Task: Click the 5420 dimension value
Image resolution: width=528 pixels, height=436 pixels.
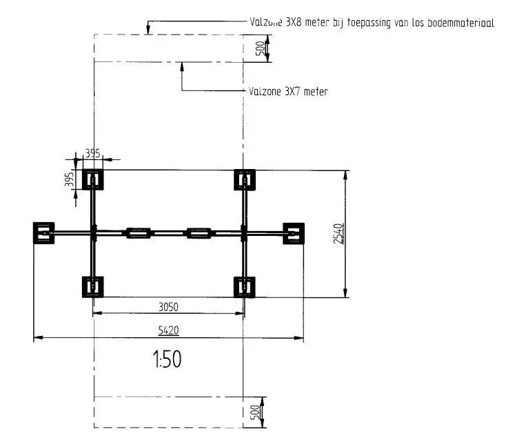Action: coord(169,331)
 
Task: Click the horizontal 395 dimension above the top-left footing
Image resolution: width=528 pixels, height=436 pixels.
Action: coord(92,152)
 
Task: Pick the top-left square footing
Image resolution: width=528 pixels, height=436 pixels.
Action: coord(92,180)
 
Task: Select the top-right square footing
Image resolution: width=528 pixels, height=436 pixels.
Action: coord(244,180)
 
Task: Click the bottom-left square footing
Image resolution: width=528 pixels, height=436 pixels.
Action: coord(92,286)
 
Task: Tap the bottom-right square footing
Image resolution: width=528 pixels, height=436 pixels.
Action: coord(244,286)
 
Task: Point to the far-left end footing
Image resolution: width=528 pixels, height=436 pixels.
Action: coord(43,233)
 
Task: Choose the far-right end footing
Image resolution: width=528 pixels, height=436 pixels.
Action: coord(293,233)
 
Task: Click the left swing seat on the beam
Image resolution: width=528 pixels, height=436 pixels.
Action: coord(136,233)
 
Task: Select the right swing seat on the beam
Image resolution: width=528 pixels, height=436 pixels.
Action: coord(199,233)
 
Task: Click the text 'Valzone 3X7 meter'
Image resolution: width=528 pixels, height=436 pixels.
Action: coord(287,91)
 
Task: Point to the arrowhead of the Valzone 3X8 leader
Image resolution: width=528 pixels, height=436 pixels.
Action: coord(148,32)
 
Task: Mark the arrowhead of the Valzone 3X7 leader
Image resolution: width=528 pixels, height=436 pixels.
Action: coord(182,65)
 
